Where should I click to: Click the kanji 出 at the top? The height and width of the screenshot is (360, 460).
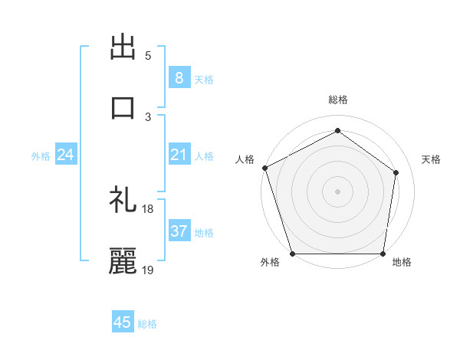coord(123,48)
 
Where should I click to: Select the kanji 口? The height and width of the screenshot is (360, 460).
coord(123,107)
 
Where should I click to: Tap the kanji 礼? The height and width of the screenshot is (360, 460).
coord(123,201)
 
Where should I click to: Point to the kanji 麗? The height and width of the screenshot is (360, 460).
coord(123,260)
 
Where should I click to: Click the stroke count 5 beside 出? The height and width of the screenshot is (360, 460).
coord(148,56)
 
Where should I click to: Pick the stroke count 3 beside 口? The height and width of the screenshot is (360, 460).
coord(148,116)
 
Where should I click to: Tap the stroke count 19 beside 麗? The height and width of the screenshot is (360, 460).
coord(148,270)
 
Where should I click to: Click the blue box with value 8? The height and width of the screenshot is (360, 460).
coord(179,77)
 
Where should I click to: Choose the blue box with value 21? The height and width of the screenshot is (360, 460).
coord(179,155)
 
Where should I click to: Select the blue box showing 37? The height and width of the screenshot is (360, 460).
coord(179,231)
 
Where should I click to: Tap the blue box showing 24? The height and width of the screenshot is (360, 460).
coord(66,155)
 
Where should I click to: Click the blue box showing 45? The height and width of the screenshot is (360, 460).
coord(123,322)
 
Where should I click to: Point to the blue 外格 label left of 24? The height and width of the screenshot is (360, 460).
coord(41,156)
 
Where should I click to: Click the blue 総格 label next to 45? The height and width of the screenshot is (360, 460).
coord(148,324)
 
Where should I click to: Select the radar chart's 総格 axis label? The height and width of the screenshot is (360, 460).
coord(337,100)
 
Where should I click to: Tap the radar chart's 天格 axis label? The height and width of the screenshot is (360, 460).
coord(431,159)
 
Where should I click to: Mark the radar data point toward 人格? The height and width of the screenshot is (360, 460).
coord(264,167)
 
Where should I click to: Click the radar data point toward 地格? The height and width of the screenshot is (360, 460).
coord(383,254)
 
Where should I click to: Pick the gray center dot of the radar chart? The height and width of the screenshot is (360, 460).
coord(337,191)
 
